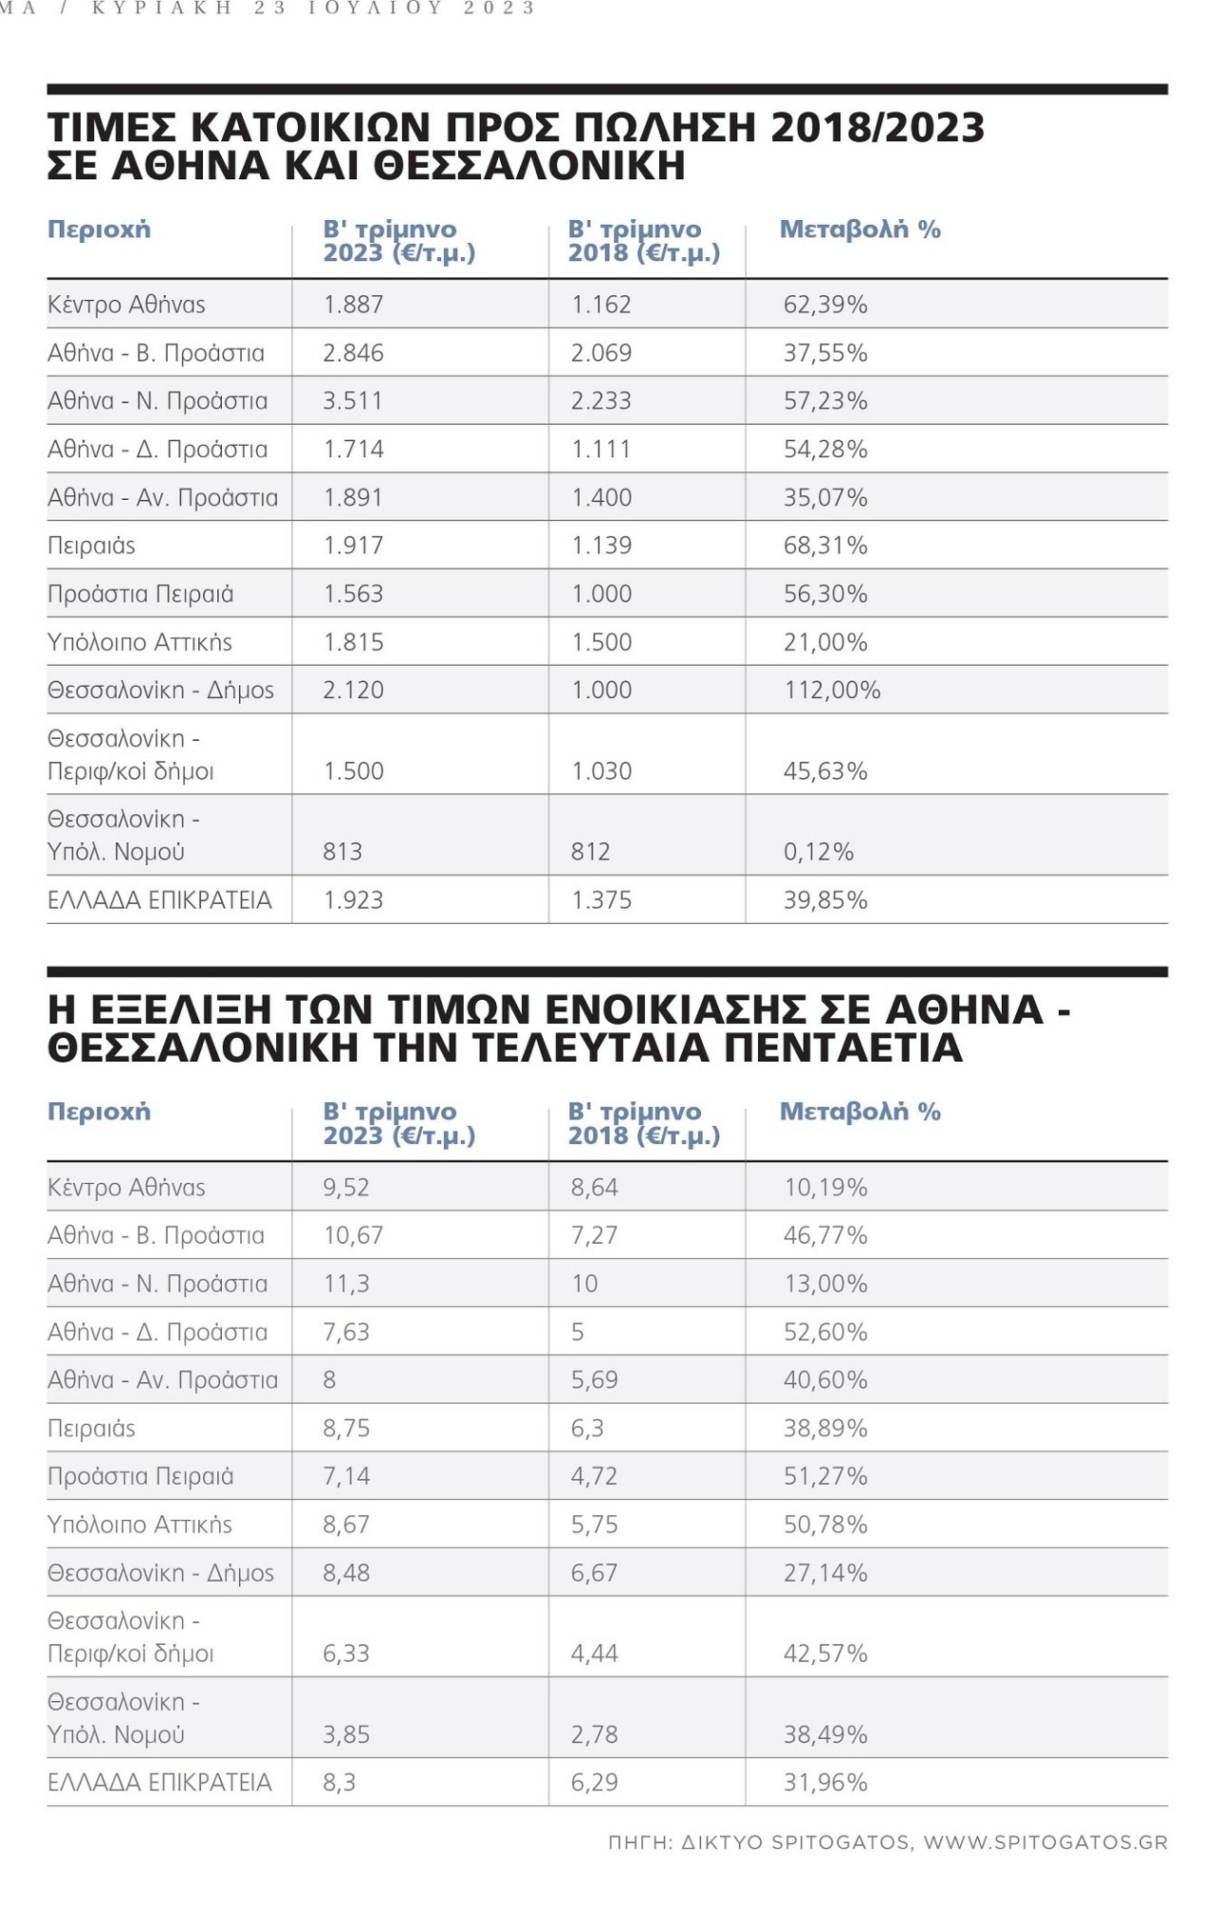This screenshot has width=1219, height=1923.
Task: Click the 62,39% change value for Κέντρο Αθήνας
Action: [x=825, y=305]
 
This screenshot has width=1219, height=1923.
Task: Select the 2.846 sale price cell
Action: [x=353, y=353]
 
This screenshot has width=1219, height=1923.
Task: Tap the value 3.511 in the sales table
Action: [x=352, y=401]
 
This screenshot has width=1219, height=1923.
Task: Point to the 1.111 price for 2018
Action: [x=601, y=450]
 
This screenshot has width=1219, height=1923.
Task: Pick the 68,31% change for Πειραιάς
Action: [x=825, y=546]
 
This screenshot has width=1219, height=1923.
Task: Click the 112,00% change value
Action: [x=831, y=691]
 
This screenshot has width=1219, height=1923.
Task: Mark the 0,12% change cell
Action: [x=818, y=851]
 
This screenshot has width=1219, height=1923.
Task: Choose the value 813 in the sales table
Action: [x=343, y=851]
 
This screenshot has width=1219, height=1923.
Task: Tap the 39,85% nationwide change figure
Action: [x=825, y=900]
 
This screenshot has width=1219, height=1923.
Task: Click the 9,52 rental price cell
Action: [x=346, y=1188]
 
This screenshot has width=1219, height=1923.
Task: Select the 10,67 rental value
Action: [x=353, y=1235]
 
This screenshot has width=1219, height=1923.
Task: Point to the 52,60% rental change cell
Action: [x=825, y=1332]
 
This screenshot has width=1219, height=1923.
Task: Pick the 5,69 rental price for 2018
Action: [x=594, y=1380]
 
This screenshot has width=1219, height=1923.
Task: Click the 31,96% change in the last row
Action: [x=825, y=1782]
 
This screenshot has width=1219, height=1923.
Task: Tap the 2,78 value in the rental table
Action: [x=594, y=1734]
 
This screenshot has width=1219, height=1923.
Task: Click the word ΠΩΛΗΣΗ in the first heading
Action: [x=663, y=128]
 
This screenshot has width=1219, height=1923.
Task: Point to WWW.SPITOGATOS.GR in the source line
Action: [x=1045, y=1842]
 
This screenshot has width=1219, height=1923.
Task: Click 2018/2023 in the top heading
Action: [x=877, y=128]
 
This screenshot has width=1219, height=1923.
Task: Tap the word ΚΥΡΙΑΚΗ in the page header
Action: [x=163, y=9]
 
